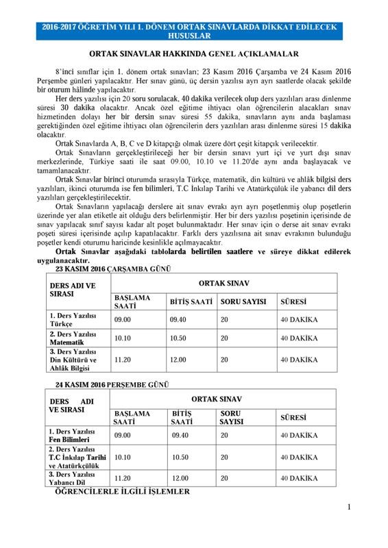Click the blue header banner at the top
pyautogui.click(x=193, y=32)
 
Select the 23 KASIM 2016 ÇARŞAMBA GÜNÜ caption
pyautogui.click(x=103, y=269)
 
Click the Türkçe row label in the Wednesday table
pyautogui.click(x=76, y=319)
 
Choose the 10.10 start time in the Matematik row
pyautogui.click(x=123, y=338)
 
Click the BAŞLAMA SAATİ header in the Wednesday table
pyautogui.click(x=132, y=301)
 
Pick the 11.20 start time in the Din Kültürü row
pyautogui.click(x=123, y=360)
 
